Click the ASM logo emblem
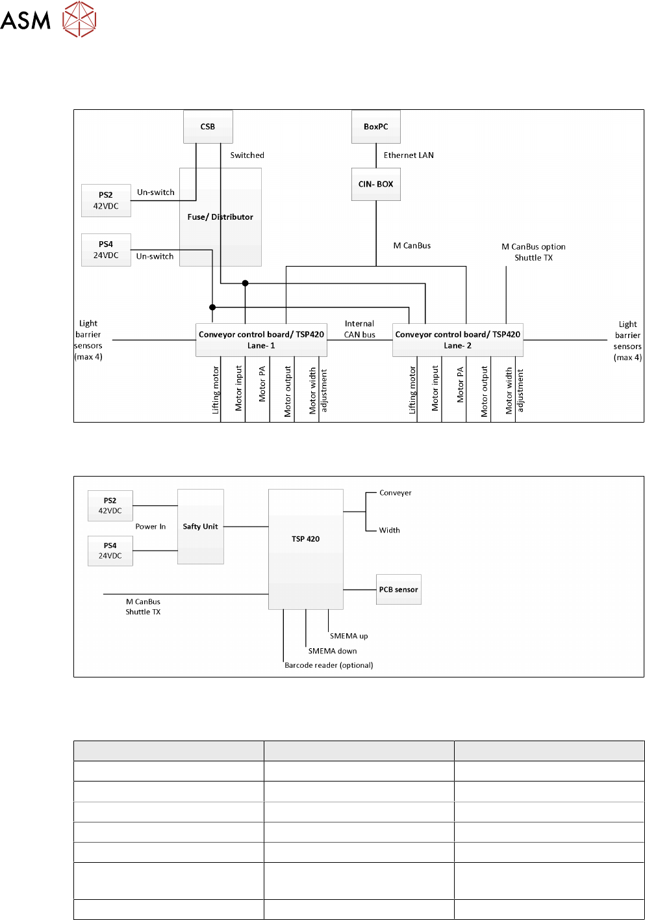pos(79,19)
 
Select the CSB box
pos(208,127)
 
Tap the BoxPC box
pos(376,127)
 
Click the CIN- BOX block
pos(376,184)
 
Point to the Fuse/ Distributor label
pos(220,217)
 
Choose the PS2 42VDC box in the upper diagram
pos(106,200)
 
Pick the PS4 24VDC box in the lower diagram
pos(110,551)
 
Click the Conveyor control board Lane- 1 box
pos(261,340)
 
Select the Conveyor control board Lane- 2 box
pos(457,340)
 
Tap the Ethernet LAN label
pos(409,155)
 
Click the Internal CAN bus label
pos(360,329)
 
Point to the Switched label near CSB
pos(247,155)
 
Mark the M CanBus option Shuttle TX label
pos(533,252)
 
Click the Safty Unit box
pos(200,527)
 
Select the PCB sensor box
pos(398,590)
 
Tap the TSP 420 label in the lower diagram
pos(305,539)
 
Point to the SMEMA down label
pos(333,651)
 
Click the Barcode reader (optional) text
pos(329,665)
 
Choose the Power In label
pos(151,527)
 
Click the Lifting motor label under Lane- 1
pos(216,390)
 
